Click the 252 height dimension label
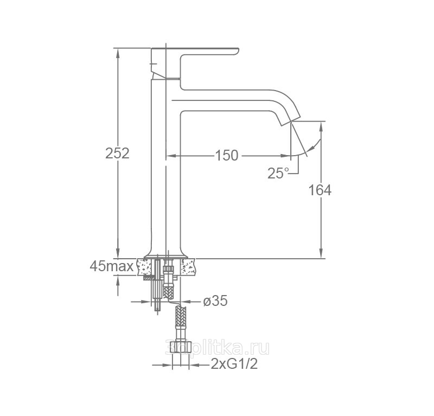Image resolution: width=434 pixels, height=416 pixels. pyautogui.click(x=117, y=153)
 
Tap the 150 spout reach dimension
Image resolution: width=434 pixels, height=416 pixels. pyautogui.click(x=227, y=155)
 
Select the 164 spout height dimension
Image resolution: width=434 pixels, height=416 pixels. pyautogui.click(x=320, y=190)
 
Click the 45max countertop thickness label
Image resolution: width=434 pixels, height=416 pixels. pyautogui.click(x=112, y=266)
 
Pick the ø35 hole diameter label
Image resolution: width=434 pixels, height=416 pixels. pyautogui.click(x=215, y=300)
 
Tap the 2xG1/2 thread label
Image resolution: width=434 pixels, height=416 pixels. pyautogui.click(x=234, y=364)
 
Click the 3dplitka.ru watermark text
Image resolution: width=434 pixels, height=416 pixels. pyautogui.click(x=218, y=347)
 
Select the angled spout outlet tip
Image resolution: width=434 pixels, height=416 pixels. pyautogui.click(x=291, y=121)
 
